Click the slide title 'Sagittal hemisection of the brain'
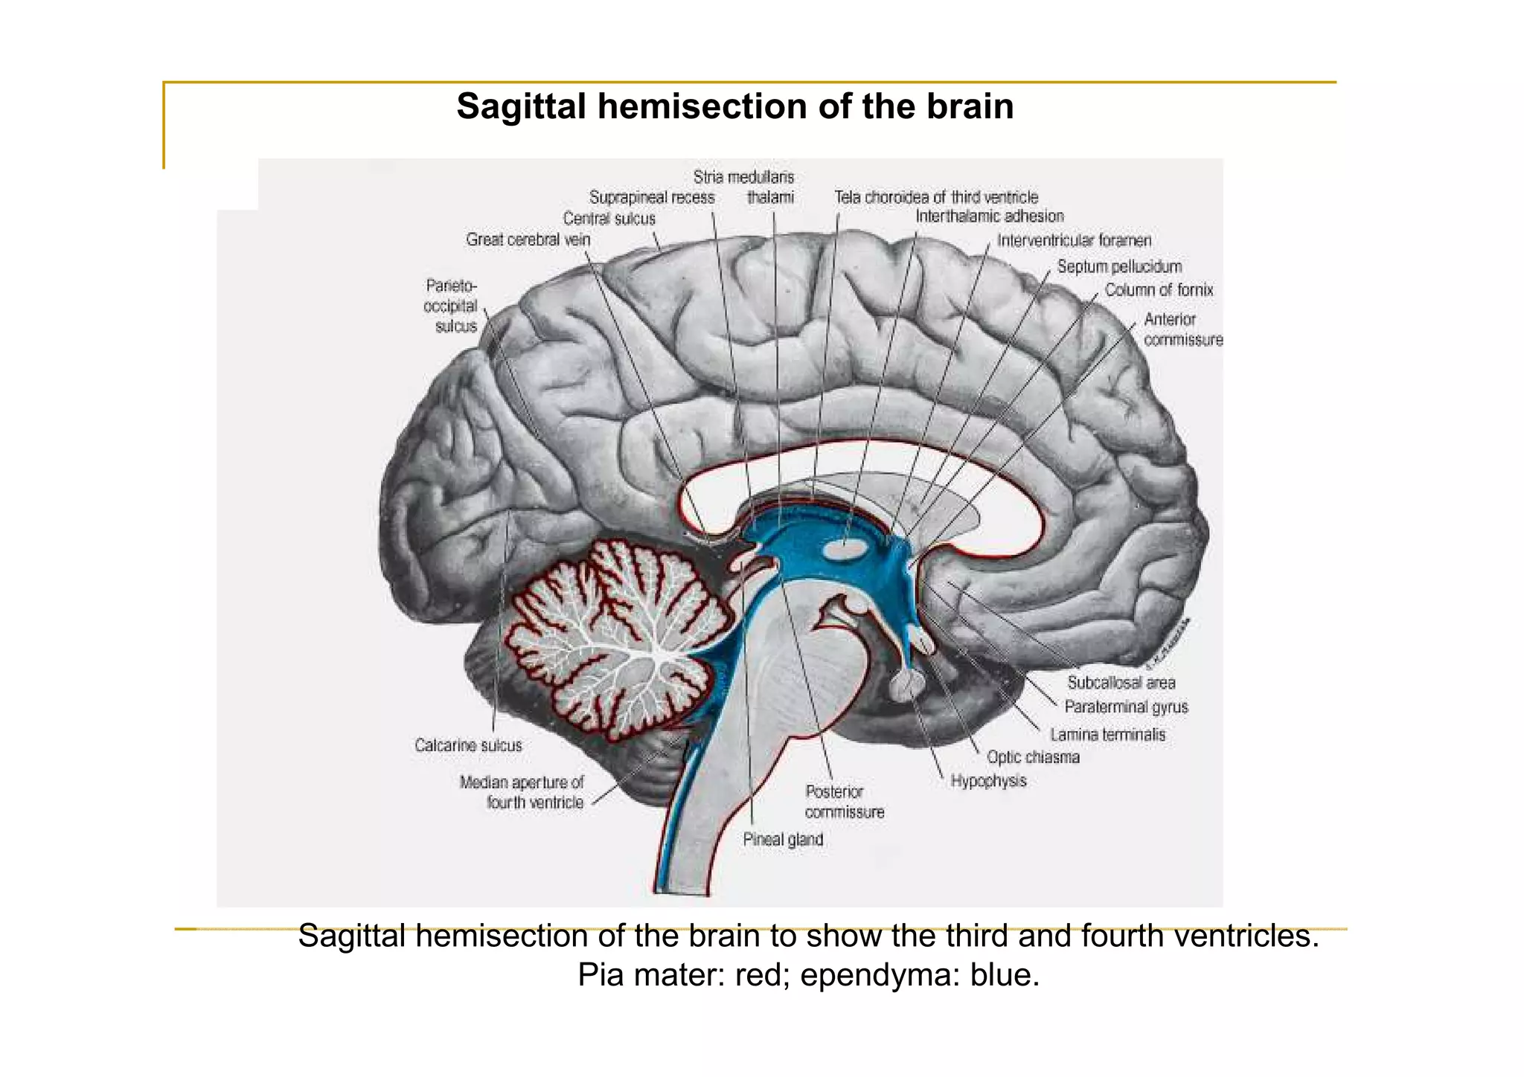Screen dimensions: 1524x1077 (734, 106)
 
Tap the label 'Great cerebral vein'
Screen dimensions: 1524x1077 (528, 239)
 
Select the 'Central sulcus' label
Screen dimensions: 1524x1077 (609, 219)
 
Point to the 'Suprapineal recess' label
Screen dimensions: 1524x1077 (651, 198)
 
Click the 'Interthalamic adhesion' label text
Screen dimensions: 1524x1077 (989, 216)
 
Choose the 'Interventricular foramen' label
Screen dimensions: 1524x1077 (1074, 240)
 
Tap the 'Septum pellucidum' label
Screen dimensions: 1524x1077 (1119, 266)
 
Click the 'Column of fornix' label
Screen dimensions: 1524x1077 (1159, 290)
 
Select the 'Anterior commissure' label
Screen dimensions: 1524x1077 (1182, 329)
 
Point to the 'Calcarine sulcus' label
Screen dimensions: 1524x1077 (468, 745)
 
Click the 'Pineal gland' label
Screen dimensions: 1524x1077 (783, 840)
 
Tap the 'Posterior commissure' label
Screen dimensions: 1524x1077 (844, 802)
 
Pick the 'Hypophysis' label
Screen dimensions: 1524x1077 (988, 781)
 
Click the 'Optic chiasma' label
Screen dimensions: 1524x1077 (1033, 757)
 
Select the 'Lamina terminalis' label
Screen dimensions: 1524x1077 (1107, 735)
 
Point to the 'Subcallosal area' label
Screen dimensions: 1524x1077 (1121, 683)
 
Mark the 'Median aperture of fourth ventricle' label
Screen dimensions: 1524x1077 (522, 792)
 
